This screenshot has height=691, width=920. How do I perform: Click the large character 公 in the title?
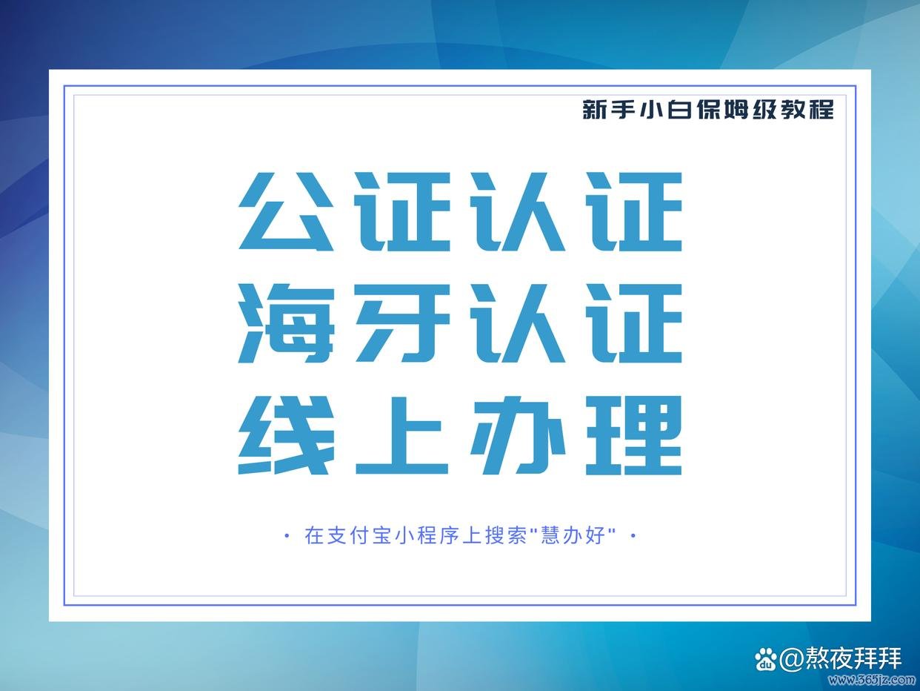click(286, 211)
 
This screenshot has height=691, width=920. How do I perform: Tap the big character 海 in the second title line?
click(286, 323)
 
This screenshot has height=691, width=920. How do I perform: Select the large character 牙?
click(403, 323)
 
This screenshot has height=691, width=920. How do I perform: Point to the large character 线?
click(286, 435)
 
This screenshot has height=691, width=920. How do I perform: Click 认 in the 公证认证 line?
click(519, 211)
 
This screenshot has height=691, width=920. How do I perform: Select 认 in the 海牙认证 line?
click(519, 323)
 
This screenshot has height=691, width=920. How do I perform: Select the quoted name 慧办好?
click(574, 535)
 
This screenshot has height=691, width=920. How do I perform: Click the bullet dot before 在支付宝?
click(287, 535)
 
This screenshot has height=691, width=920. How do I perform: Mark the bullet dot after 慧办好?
click(633, 535)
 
